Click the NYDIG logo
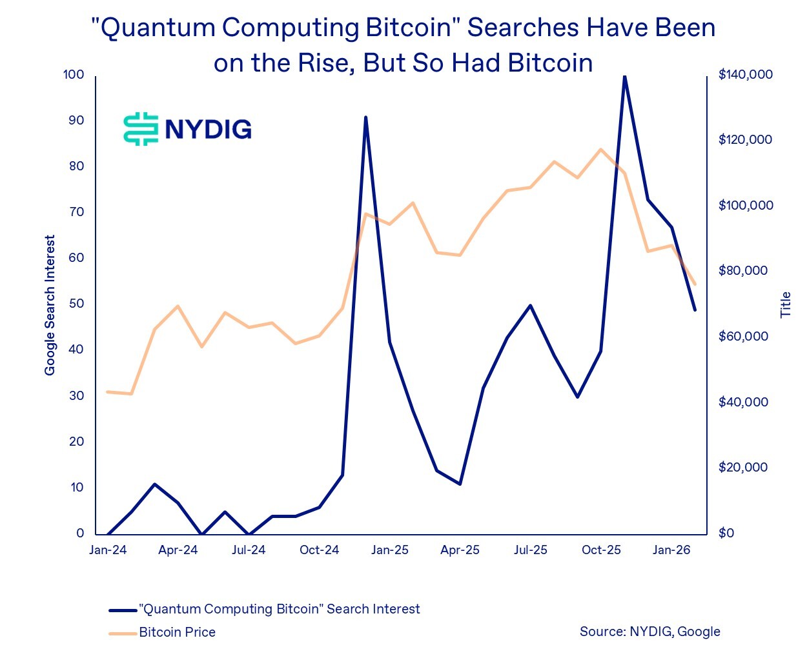(x=187, y=128)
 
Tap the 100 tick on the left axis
(x=74, y=75)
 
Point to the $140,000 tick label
(x=746, y=75)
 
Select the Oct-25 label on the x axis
(x=601, y=550)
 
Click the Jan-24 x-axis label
(x=108, y=550)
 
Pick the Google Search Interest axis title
(x=50, y=305)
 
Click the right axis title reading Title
(x=786, y=304)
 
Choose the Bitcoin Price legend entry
(x=177, y=632)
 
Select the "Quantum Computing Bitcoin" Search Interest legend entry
(x=279, y=609)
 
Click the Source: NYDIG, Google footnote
(x=649, y=632)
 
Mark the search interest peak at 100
(x=624, y=76)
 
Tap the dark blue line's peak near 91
(x=365, y=117)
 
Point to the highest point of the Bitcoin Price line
(x=601, y=150)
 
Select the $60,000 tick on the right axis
(x=743, y=336)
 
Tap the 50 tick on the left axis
(x=76, y=304)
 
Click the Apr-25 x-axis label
(x=460, y=550)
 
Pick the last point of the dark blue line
(x=695, y=310)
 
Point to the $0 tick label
(x=726, y=533)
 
